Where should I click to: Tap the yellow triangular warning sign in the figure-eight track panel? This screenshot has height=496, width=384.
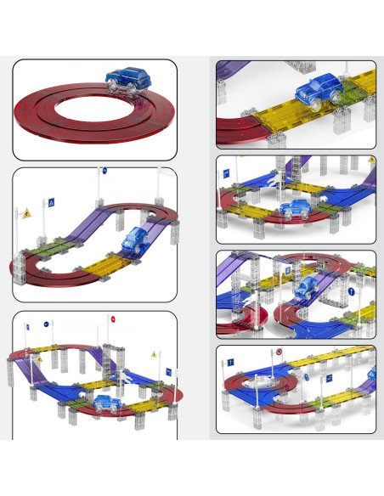28,211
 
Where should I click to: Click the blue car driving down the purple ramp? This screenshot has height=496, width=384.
135,240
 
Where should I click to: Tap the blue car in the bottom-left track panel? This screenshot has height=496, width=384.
105,403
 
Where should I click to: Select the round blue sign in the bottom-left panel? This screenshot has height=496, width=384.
27,325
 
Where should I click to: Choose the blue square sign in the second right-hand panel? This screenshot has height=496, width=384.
227,173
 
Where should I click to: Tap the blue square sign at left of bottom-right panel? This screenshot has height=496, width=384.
229,364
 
